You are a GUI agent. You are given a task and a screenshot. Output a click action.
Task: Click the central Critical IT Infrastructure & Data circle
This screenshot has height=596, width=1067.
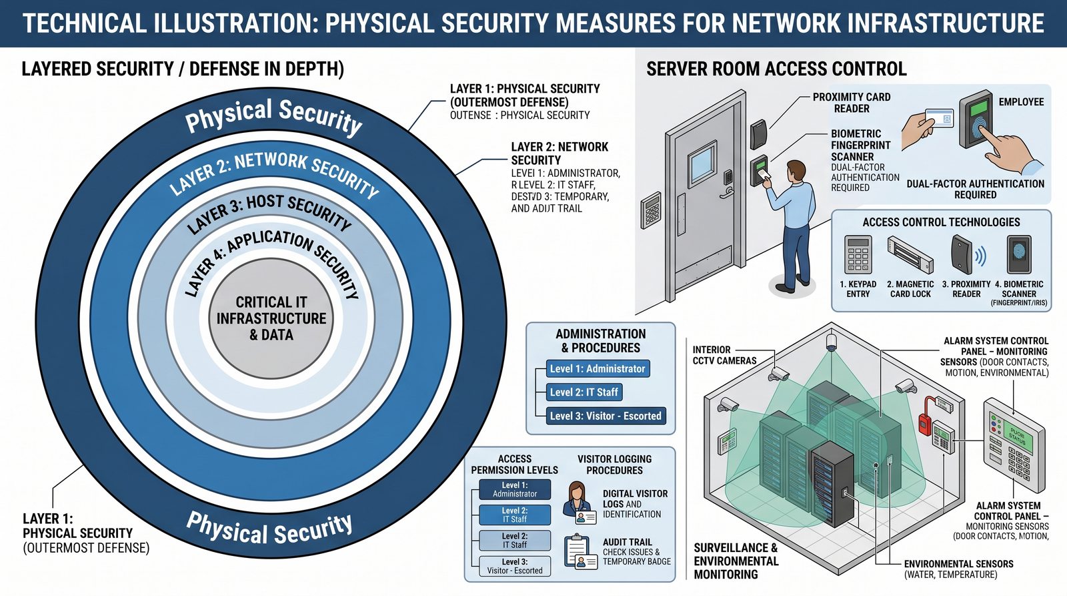tap(271, 318)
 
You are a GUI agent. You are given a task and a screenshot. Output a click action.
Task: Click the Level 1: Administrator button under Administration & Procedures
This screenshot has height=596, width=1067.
tap(597, 368)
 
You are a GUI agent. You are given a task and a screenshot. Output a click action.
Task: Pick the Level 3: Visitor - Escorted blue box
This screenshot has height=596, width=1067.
tap(605, 416)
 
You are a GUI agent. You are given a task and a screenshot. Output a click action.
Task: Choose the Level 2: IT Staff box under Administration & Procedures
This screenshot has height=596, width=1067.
tap(584, 392)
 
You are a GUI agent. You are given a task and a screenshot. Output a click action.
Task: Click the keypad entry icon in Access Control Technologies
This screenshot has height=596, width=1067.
tap(858, 254)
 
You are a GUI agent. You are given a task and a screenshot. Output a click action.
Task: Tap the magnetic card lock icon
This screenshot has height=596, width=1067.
tap(910, 256)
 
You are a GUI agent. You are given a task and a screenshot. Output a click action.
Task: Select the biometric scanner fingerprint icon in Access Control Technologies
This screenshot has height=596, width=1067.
tap(1018, 254)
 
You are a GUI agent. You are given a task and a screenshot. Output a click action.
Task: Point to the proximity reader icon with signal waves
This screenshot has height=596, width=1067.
tap(964, 256)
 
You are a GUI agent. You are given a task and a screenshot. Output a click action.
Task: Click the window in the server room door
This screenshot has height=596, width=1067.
tap(702, 162)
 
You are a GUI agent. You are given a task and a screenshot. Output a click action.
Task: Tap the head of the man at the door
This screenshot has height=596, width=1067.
tap(796, 171)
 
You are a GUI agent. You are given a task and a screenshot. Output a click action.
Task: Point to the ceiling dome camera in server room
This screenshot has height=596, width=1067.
tap(831, 343)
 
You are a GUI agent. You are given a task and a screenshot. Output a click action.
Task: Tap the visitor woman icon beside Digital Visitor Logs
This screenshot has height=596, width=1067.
tap(578, 503)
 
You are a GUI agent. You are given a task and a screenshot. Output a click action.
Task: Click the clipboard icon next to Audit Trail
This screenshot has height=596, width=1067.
tap(578, 551)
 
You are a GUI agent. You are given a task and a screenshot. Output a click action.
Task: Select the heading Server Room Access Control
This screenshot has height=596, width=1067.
tap(776, 69)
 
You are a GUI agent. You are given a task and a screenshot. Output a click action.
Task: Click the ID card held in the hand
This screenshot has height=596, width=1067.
tap(937, 119)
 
